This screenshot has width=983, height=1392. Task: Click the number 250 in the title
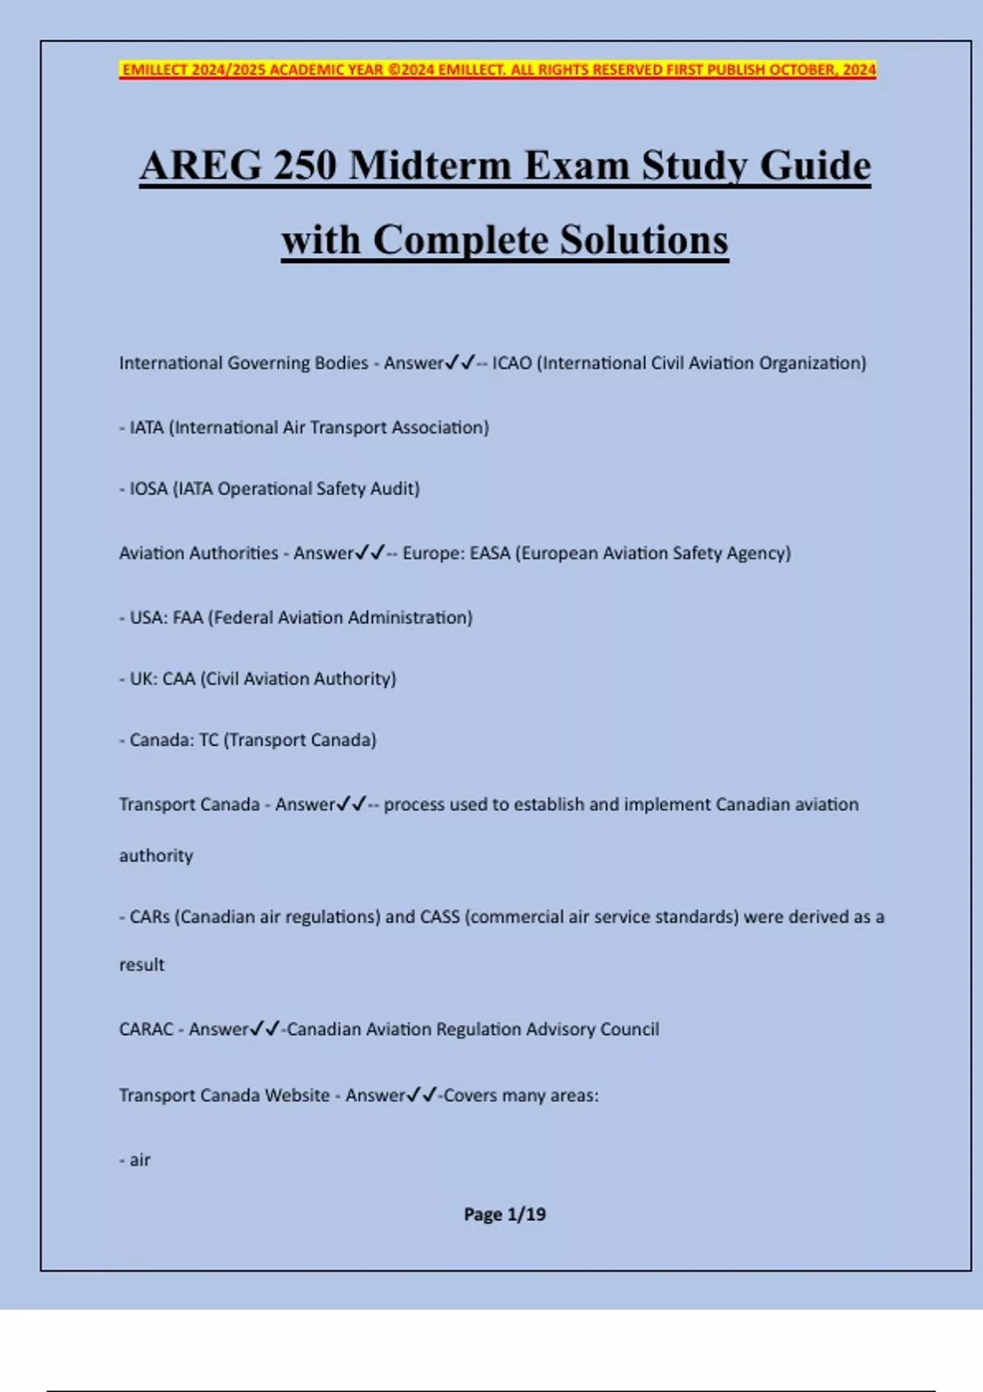click(x=305, y=165)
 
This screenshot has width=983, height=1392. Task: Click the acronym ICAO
click(x=512, y=363)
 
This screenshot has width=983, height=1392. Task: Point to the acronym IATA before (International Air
click(x=147, y=427)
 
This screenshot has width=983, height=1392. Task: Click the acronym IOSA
click(x=148, y=489)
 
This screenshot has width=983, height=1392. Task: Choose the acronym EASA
click(x=490, y=554)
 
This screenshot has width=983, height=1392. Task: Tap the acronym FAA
click(x=188, y=617)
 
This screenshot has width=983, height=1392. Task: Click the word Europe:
click(x=433, y=554)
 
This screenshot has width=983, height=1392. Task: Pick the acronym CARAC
click(x=146, y=1029)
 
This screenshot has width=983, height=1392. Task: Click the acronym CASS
click(x=440, y=917)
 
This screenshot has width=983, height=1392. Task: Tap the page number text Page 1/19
click(x=505, y=1214)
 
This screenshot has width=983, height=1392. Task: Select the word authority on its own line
click(x=156, y=856)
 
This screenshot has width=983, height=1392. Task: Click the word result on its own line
click(x=142, y=965)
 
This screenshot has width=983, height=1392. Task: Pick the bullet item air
click(x=140, y=1160)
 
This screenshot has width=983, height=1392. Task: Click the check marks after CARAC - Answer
click(x=265, y=1028)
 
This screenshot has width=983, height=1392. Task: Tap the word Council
click(x=629, y=1029)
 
